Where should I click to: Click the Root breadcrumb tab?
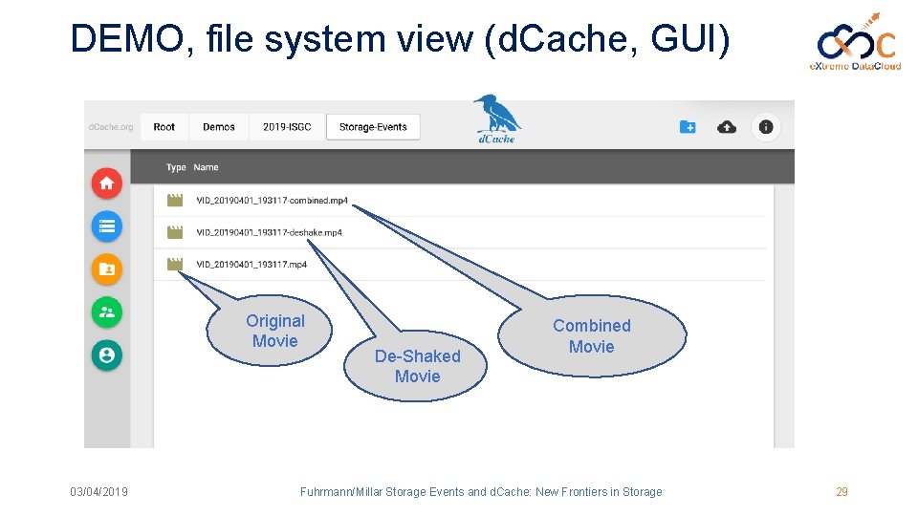(x=164, y=127)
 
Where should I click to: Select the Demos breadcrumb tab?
(x=219, y=127)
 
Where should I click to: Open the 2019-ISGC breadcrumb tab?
(x=287, y=127)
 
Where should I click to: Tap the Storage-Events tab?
(x=373, y=127)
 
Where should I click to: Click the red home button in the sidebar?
(x=106, y=183)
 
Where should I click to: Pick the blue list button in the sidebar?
(x=106, y=226)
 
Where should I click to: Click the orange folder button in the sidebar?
(x=106, y=269)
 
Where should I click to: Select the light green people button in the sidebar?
(x=106, y=312)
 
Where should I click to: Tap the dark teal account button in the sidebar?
(x=106, y=355)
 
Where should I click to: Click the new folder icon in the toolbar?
(x=688, y=127)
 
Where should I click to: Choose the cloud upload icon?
(x=727, y=127)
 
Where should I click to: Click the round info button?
(x=766, y=127)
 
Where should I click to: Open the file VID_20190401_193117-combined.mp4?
(x=272, y=201)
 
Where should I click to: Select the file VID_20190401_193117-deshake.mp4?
(x=269, y=232)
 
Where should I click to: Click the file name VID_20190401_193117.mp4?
(x=251, y=265)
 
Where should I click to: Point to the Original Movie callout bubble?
(x=274, y=332)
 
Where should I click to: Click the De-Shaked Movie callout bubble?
(x=417, y=366)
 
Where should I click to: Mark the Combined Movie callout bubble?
(x=592, y=336)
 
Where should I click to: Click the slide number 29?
(x=841, y=492)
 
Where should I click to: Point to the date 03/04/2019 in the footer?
(x=99, y=492)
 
